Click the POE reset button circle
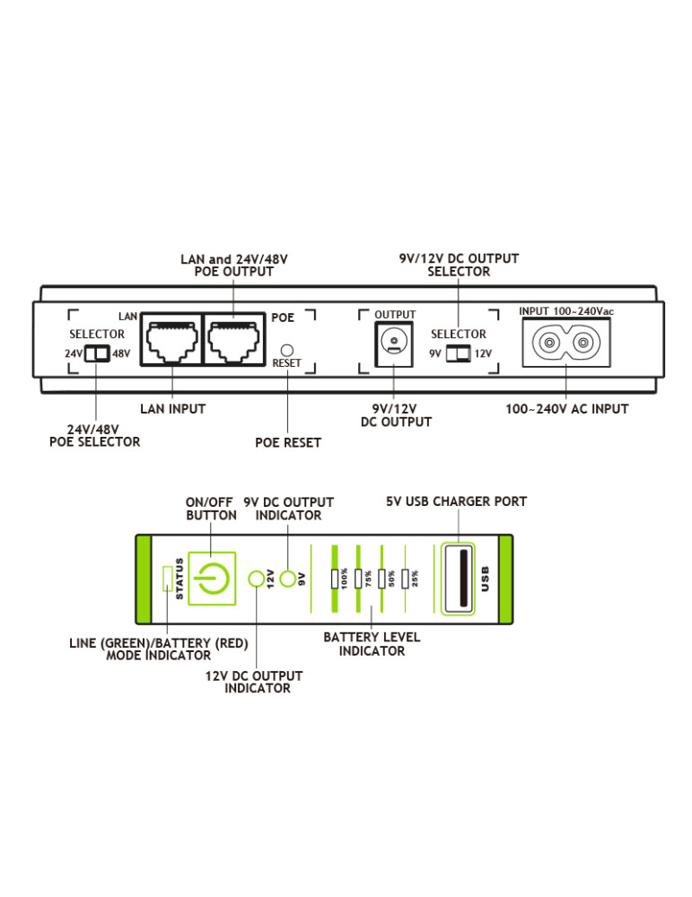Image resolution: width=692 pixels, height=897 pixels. pos(288,348)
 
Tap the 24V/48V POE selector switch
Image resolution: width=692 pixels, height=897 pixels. pos(96,353)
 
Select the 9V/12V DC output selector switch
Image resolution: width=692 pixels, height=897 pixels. pos(458,353)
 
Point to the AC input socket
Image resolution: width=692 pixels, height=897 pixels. pos(565,343)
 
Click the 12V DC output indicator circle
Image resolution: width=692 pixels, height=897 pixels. pos(256,579)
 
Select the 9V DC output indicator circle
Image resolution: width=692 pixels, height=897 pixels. pos(288,579)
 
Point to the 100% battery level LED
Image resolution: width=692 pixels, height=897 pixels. pos(334,579)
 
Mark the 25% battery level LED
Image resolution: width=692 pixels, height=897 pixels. pos(406,579)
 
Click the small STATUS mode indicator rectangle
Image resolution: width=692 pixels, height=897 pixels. pos(166,579)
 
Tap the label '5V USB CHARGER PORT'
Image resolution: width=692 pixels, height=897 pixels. pos(457,501)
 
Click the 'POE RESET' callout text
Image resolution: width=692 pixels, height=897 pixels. pos(288,442)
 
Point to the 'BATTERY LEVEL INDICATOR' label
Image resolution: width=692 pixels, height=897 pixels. pos(372,644)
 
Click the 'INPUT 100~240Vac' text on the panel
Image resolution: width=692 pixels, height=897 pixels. pos(565,311)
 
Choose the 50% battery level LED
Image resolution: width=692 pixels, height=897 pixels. pos(381,579)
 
